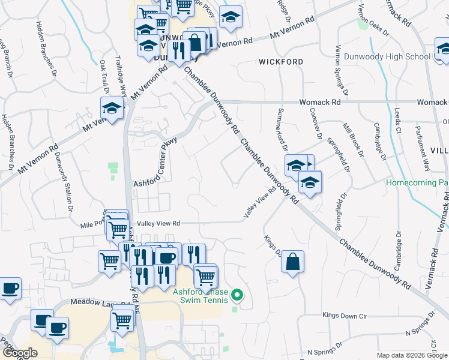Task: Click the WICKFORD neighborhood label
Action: pyautogui.click(x=281, y=62)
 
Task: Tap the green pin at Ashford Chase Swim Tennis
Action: pyautogui.click(x=237, y=295)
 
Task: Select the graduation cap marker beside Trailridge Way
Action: pyautogui.click(x=112, y=108)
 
